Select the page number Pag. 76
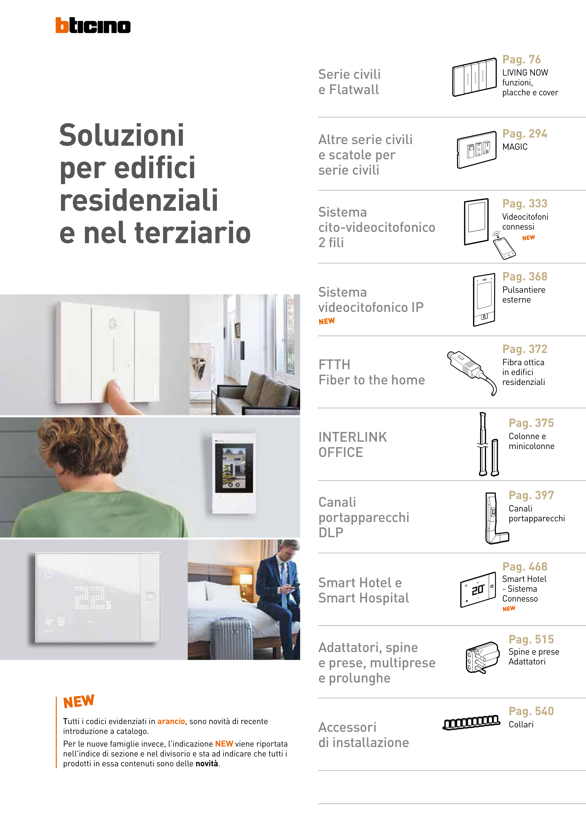(x=521, y=59)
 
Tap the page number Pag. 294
(x=525, y=134)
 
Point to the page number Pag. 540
(x=531, y=711)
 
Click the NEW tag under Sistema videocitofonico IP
(x=326, y=321)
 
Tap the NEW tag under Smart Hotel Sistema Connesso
(x=509, y=609)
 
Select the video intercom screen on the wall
(x=234, y=468)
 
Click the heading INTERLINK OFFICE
(x=352, y=445)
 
